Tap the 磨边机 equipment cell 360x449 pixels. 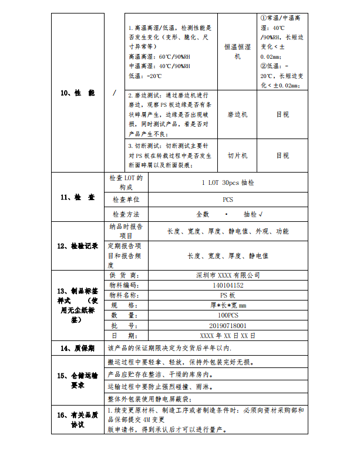(x=237, y=114)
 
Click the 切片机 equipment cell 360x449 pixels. (x=237, y=156)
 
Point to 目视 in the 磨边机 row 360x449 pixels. (x=282, y=114)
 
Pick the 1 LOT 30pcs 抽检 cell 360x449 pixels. (x=228, y=183)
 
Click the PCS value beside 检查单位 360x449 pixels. (x=228, y=200)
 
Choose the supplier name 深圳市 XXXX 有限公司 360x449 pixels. (x=228, y=275)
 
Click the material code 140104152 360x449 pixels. (x=228, y=285)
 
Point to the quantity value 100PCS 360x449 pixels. (x=228, y=315)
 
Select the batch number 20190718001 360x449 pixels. (x=228, y=325)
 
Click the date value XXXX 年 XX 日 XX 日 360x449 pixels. (x=228, y=336)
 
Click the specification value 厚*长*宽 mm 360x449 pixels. (x=228, y=305)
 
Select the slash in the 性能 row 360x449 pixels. (x=114, y=93)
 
